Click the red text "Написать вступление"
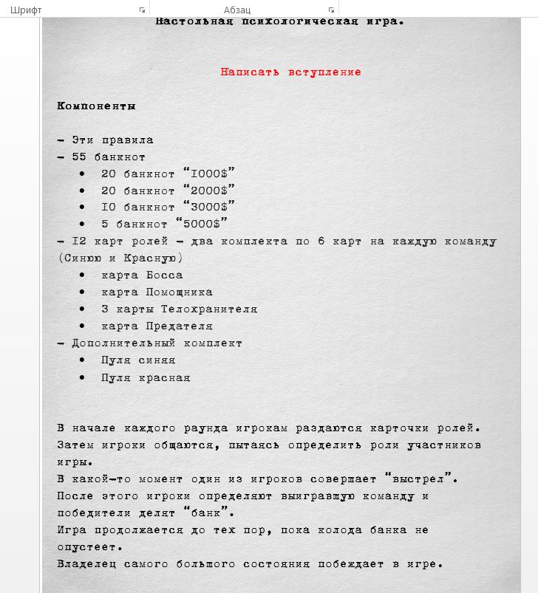coord(290,72)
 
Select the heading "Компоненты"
coord(96,106)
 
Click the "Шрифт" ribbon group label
coord(26,10)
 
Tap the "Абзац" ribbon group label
coord(237,10)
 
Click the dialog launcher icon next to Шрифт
coord(142,10)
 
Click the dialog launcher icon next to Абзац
coord(331,10)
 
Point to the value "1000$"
coord(209,174)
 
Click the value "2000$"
coord(209,191)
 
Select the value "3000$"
coord(209,208)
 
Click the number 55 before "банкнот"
coord(79,157)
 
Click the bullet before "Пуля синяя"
coord(82,360)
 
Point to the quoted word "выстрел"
coord(421,479)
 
